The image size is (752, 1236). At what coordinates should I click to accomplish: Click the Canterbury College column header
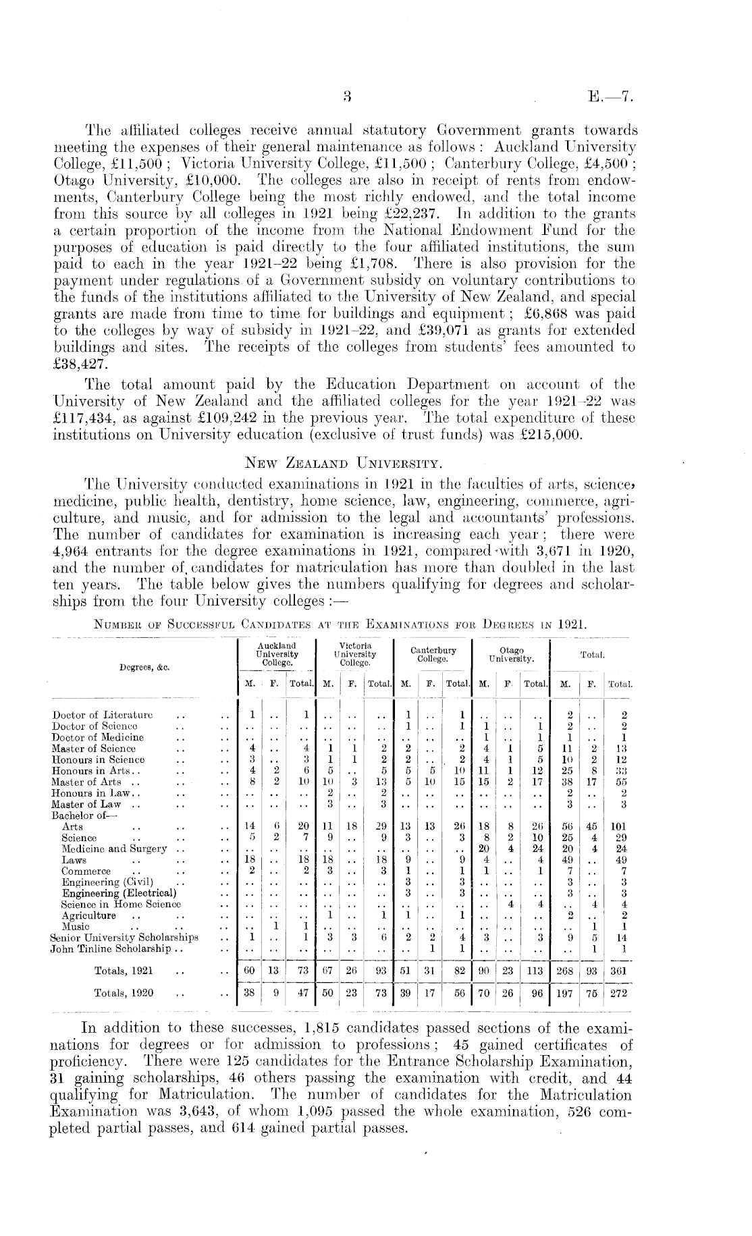pos(433,654)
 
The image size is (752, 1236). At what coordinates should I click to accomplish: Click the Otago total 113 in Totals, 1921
pos(537,971)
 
